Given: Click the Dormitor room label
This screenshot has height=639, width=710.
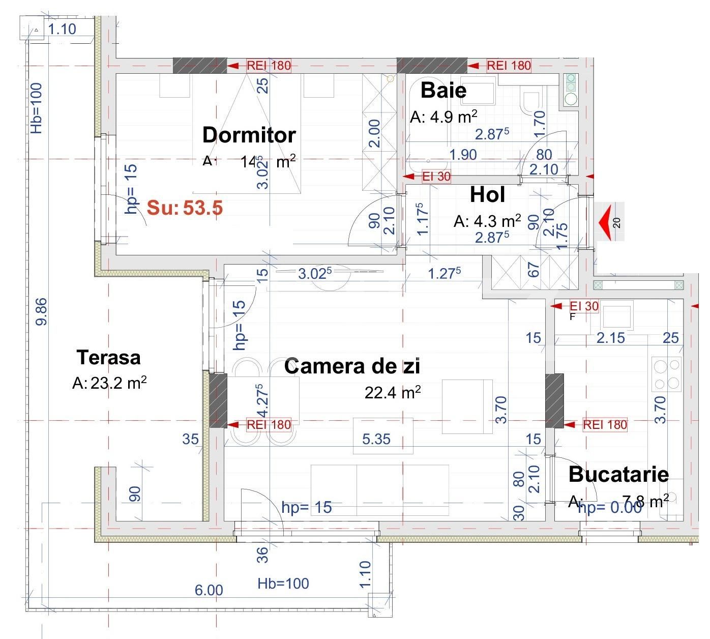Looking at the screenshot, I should pos(249,135).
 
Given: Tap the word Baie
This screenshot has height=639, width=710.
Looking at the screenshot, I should pos(443,91).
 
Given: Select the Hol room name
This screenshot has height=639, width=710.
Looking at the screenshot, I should pos(487,195).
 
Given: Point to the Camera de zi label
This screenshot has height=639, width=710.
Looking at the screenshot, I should pos(352,366).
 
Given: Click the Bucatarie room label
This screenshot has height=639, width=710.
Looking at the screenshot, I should pos(618,474).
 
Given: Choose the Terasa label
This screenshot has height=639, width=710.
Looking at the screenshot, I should pos(108,358).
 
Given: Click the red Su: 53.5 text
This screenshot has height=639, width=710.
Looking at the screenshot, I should pos(185,208).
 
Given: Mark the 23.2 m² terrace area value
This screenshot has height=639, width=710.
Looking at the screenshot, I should pos(118,383).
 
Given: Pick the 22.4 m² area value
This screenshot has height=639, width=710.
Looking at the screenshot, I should pos(392,392).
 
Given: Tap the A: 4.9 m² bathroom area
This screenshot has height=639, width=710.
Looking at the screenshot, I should pos(443,118).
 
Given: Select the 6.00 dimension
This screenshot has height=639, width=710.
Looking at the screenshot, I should pos(209,590).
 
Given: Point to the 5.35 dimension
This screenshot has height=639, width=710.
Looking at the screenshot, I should pos(376,439).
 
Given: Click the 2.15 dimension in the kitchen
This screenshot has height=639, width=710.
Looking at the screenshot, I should pos(610,338).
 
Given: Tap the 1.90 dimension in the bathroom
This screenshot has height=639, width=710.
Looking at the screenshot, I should pos(462,155).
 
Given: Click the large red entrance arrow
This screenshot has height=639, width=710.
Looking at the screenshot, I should pos(604,222).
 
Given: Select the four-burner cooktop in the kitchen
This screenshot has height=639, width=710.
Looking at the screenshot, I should pos(667,374).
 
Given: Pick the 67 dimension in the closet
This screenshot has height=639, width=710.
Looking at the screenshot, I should pos(533,270).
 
